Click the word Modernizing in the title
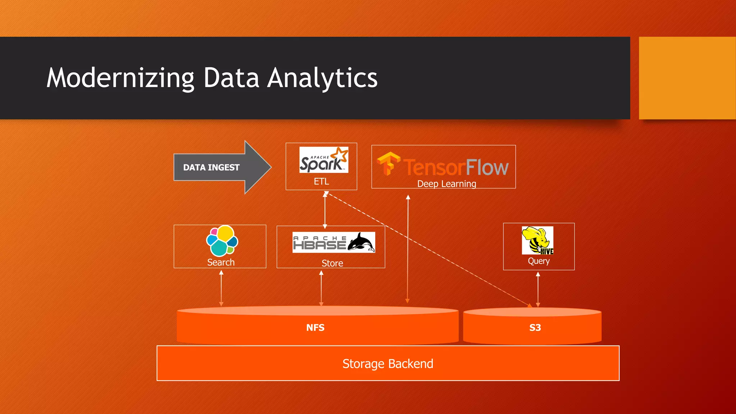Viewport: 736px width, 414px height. (x=121, y=78)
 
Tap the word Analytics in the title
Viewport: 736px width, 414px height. (x=322, y=78)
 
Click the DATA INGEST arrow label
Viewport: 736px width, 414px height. (x=211, y=167)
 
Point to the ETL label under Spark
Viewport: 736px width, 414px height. (x=321, y=181)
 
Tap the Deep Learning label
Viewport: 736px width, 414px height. (x=446, y=184)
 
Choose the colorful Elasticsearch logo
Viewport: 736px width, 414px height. (x=222, y=241)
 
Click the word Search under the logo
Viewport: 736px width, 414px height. (x=221, y=262)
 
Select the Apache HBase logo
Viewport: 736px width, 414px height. (x=333, y=243)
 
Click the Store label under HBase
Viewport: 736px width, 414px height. (x=332, y=263)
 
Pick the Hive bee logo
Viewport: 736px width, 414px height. (x=537, y=240)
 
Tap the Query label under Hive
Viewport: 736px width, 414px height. (x=538, y=261)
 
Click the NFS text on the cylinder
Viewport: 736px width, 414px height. (x=315, y=328)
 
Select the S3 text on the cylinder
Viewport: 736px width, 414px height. (x=535, y=328)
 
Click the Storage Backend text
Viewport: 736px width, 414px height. (x=387, y=364)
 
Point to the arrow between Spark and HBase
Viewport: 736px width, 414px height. (x=325, y=210)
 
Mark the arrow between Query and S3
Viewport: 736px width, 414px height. (x=538, y=289)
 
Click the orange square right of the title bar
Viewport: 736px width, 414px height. (x=687, y=78)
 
